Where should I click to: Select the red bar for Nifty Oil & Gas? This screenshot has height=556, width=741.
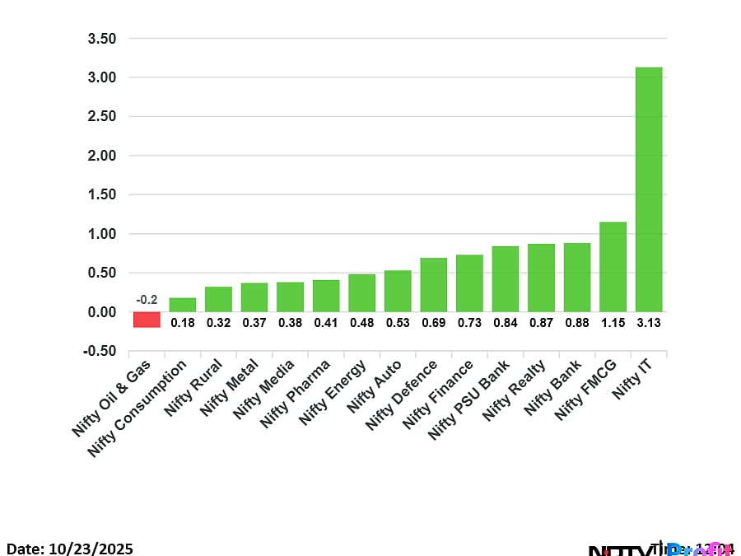(x=147, y=320)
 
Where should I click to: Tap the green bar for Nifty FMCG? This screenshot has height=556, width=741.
(x=613, y=267)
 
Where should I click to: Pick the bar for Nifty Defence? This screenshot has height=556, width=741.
(x=433, y=285)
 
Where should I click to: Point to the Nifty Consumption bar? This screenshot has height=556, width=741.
(x=182, y=305)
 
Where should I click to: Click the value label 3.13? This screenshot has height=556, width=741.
(x=649, y=323)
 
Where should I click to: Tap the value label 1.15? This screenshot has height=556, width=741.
(x=613, y=323)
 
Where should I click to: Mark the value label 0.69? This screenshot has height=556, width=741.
(x=433, y=323)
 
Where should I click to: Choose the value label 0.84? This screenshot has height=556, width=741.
(x=505, y=323)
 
